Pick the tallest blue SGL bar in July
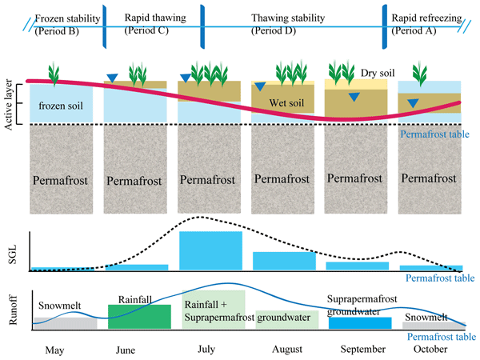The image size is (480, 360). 210,250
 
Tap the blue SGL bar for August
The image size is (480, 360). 282,260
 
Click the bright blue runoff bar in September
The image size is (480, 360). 361,322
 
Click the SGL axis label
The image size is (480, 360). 10,250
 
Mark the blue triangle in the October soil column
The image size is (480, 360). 413,103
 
